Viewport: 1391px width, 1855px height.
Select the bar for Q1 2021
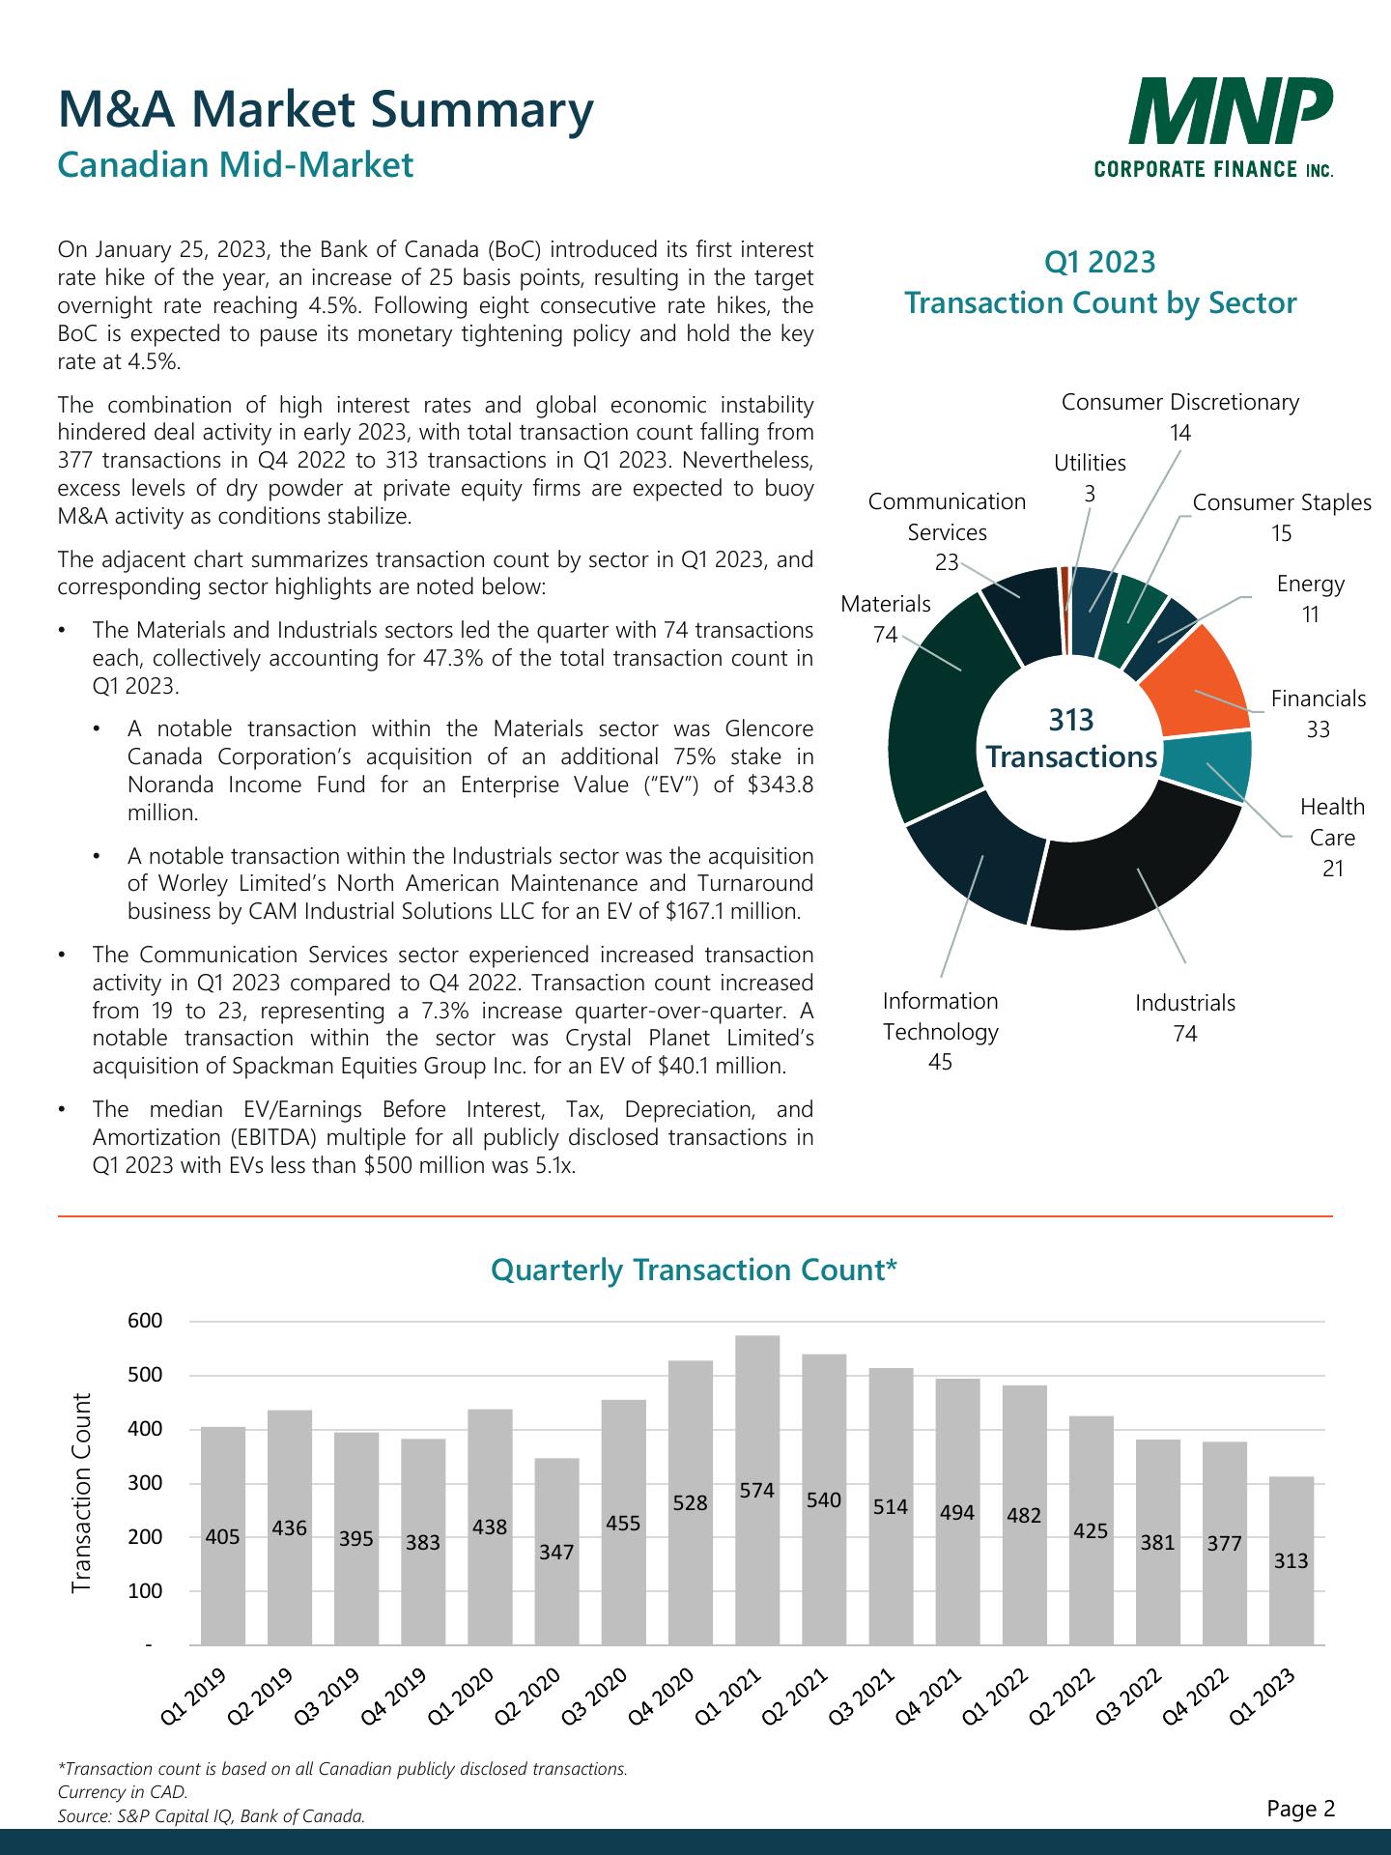pyautogui.click(x=757, y=1488)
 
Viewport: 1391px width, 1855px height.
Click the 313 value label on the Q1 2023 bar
pyautogui.click(x=1292, y=1560)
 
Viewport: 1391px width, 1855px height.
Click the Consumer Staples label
pyautogui.click(x=1282, y=502)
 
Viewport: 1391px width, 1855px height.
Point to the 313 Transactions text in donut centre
pyautogui.click(x=1071, y=738)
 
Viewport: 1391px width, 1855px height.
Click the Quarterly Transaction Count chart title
pyautogui.click(x=695, y=1270)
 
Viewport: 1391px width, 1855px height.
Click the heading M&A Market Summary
pyautogui.click(x=326, y=109)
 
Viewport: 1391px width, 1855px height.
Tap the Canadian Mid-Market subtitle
pyautogui.click(x=236, y=164)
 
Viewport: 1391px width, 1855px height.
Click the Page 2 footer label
pyautogui.click(x=1301, y=1808)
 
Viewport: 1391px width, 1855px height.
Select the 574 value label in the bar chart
pyautogui.click(x=757, y=1490)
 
